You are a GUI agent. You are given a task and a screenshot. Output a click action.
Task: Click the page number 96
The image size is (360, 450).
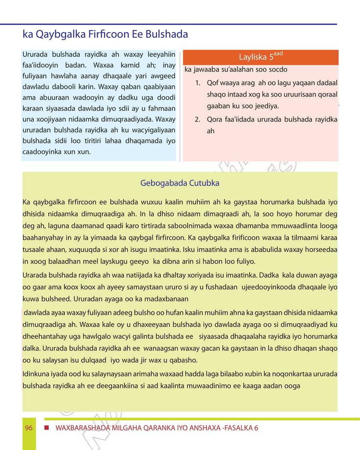tap(28, 428)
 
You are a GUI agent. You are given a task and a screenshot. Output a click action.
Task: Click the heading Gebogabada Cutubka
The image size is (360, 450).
tap(180, 183)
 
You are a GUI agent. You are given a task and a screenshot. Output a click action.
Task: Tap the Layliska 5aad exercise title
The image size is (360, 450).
tap(261, 56)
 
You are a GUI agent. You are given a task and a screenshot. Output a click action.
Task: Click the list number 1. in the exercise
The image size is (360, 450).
tap(198, 83)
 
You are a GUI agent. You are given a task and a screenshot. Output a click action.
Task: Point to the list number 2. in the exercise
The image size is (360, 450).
tap(198, 120)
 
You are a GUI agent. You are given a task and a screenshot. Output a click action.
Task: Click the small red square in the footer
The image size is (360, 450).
tap(46, 428)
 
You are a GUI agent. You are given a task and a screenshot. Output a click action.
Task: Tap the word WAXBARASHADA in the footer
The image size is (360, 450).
tap(82, 428)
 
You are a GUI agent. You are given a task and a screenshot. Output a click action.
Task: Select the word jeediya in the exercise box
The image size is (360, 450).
tap(268, 106)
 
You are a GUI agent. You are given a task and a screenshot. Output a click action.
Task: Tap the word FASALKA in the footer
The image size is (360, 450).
tap(238, 428)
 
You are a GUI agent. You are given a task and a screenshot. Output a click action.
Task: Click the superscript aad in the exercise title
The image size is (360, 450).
tap(279, 53)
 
